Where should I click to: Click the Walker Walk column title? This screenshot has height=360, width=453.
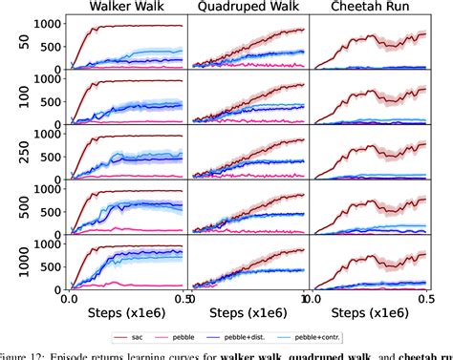(125, 9)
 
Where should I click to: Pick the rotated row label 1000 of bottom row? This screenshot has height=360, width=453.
(11, 265)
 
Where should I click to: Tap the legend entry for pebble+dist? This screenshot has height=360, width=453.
(291, 337)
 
